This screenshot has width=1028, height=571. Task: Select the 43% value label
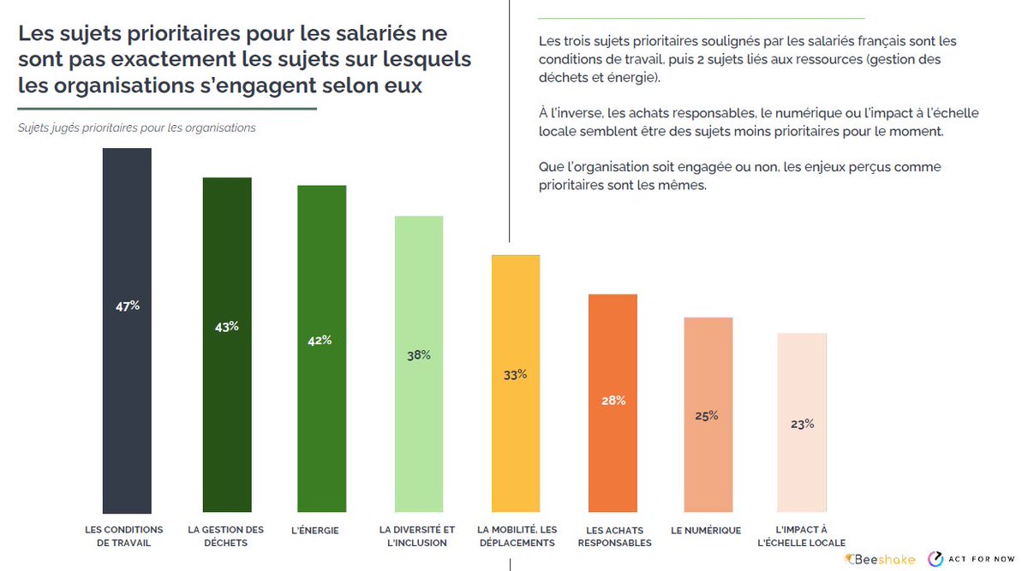pyautogui.click(x=227, y=326)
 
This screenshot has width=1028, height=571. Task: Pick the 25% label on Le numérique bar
pyautogui.click(x=708, y=416)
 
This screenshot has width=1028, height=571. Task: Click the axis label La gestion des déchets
pyautogui.click(x=226, y=536)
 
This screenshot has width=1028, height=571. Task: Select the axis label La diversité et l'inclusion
pyautogui.click(x=417, y=536)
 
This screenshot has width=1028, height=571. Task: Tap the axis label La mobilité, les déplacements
pyautogui.click(x=517, y=536)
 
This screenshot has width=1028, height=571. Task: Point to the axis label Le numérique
pyautogui.click(x=706, y=530)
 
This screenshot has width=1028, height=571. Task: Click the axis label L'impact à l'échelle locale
pyautogui.click(x=802, y=536)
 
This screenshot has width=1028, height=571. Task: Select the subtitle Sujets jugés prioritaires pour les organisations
pyautogui.click(x=137, y=128)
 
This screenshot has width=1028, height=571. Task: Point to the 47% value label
pyautogui.click(x=128, y=306)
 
